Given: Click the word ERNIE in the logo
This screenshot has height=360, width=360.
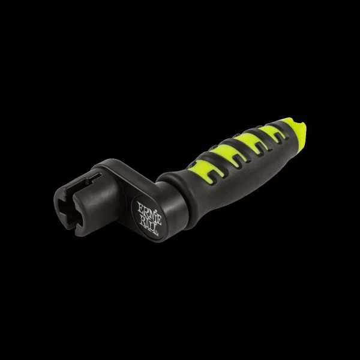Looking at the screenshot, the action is click(149, 211).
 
